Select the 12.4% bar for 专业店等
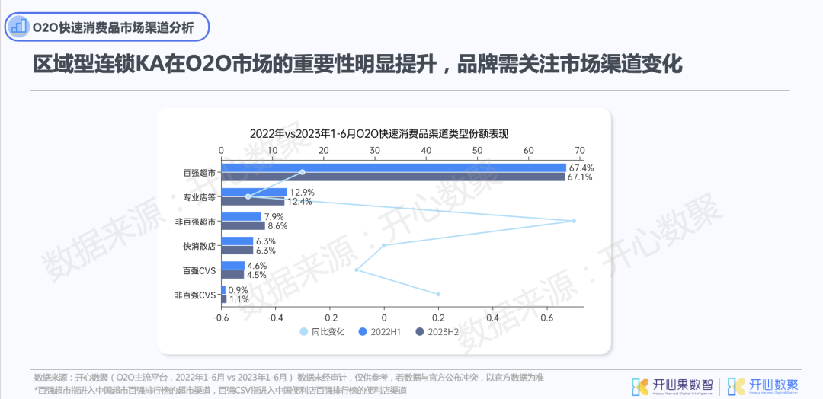[x=253, y=202]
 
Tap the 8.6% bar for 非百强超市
[x=243, y=226]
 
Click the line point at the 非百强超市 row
[x=574, y=221]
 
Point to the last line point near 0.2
[x=438, y=294]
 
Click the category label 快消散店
[x=199, y=246]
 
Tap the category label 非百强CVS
[x=195, y=295]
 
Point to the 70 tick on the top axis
[x=580, y=150]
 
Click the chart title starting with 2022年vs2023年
[x=379, y=133]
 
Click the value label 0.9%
[x=239, y=290]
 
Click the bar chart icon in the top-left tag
[x=18, y=27]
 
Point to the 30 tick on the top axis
[x=375, y=150]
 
